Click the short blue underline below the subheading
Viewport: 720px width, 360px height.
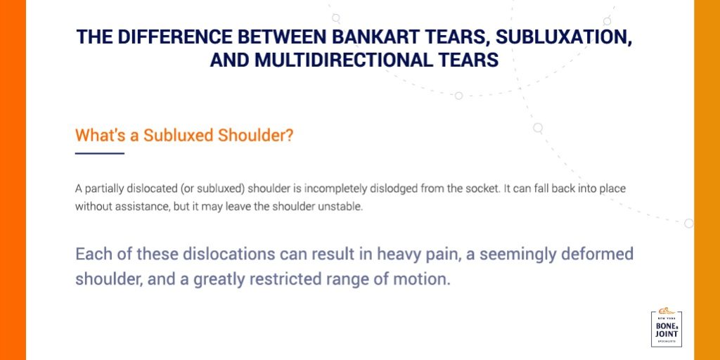pyautogui.click(x=99, y=153)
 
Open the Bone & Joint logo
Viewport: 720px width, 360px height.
pyautogui.click(x=667, y=328)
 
